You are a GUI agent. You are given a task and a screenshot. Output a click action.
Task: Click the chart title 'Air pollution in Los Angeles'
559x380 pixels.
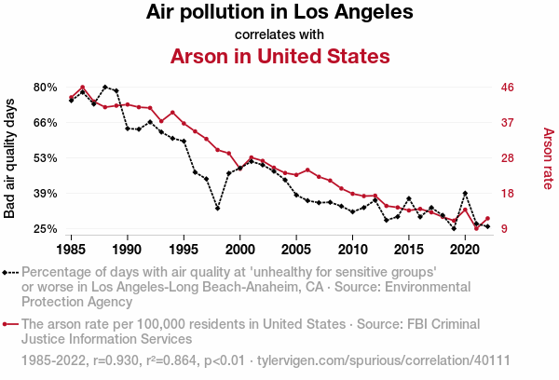[x=279, y=13]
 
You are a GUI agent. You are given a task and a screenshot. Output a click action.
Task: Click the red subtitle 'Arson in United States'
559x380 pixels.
[x=279, y=56]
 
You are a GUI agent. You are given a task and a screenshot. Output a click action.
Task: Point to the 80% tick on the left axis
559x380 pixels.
[x=46, y=88]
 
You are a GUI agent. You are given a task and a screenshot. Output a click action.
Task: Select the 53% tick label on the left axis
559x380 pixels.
[x=46, y=158]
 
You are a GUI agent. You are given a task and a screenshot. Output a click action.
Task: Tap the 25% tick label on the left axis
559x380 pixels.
[x=46, y=229]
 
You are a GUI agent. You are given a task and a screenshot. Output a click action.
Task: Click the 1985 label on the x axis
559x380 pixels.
[x=71, y=250]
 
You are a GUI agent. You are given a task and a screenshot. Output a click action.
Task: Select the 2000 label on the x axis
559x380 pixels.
[x=240, y=250]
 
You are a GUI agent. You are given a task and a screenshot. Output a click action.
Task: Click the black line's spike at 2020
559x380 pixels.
[x=465, y=194]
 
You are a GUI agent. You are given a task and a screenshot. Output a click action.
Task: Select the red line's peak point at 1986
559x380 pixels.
[x=82, y=88]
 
